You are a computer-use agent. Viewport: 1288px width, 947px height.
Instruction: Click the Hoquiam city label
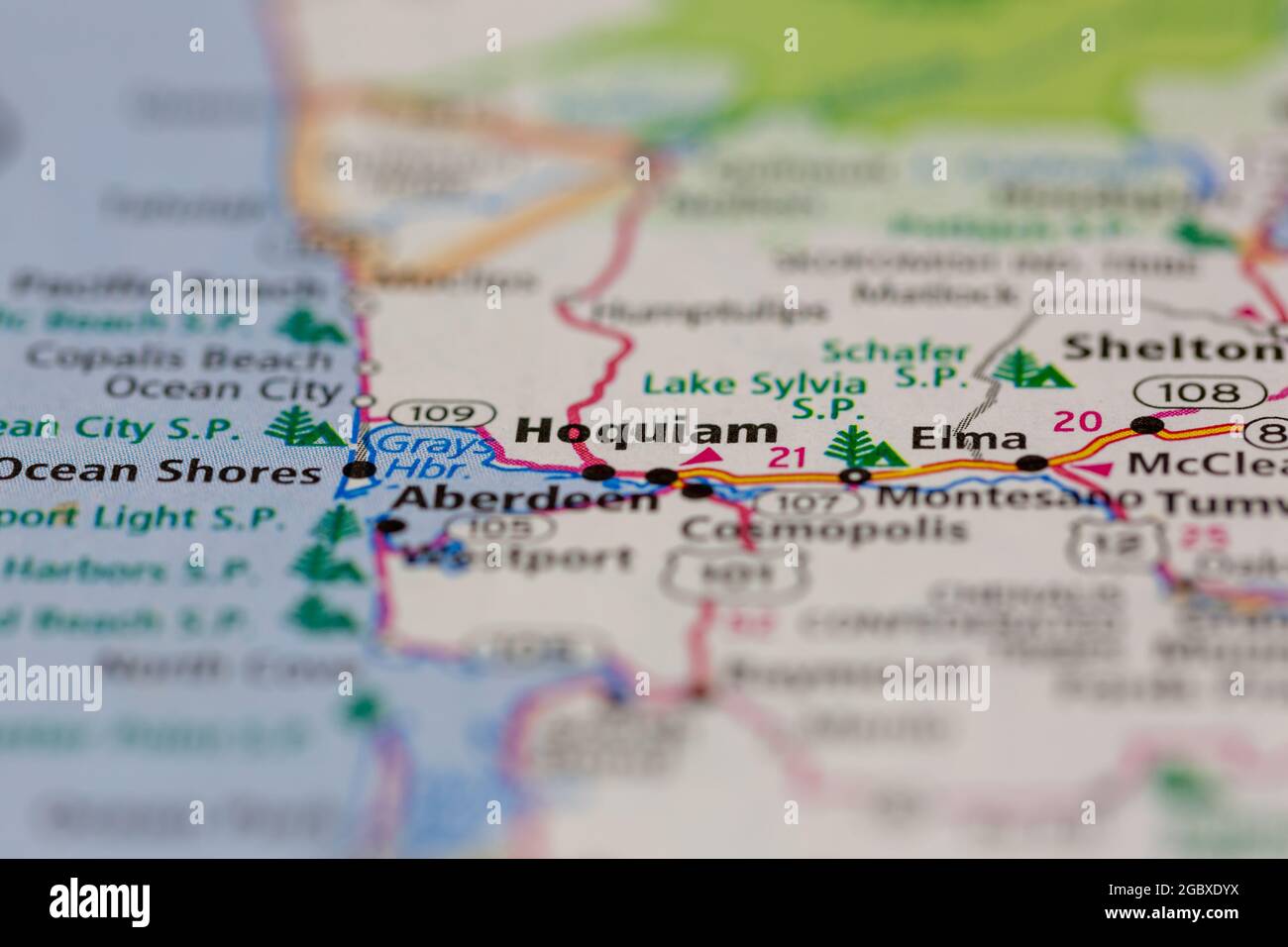tap(647, 431)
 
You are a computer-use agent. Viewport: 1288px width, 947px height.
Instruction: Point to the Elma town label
tap(967, 438)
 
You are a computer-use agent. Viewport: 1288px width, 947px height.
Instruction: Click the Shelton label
tap(1169, 348)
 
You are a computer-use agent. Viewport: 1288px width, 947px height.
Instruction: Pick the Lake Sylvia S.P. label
tap(753, 394)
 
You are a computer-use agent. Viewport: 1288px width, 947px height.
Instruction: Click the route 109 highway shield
tap(442, 412)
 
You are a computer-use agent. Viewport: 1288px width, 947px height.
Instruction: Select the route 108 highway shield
tap(1199, 391)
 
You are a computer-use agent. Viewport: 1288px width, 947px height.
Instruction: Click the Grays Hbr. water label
tap(435, 456)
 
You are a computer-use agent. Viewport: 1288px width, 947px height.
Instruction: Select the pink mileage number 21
tap(789, 458)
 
